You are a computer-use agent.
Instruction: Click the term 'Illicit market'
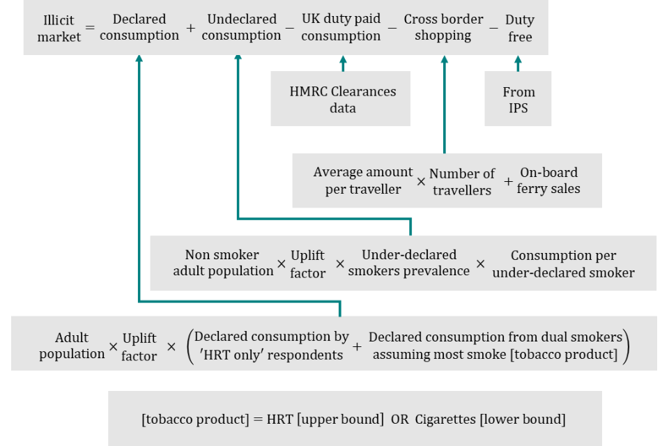click(x=59, y=28)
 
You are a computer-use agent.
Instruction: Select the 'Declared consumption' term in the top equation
click(x=139, y=27)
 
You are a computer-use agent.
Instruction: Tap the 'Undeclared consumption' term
click(x=242, y=27)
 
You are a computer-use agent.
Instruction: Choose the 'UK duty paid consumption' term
click(x=341, y=27)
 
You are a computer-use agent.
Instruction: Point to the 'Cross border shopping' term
click(x=443, y=27)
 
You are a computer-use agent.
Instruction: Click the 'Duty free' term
click(x=520, y=28)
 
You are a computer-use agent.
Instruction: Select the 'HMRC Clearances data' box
click(x=342, y=100)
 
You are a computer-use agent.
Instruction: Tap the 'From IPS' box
click(x=518, y=100)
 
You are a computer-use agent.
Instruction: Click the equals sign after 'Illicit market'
click(x=89, y=29)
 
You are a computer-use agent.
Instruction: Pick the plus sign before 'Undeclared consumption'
click(x=191, y=29)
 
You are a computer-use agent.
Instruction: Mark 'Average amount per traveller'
click(x=362, y=180)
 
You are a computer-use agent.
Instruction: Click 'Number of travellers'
click(x=462, y=181)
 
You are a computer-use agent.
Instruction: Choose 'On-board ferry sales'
click(x=548, y=180)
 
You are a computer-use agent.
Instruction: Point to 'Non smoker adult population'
click(x=223, y=263)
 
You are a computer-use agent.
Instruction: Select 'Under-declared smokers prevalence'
click(x=409, y=263)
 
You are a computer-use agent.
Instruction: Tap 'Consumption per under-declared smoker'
click(x=563, y=263)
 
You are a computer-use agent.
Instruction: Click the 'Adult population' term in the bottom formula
click(x=72, y=346)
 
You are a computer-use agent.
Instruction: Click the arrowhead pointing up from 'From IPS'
click(x=518, y=60)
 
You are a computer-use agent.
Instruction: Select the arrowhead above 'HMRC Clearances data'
click(x=342, y=60)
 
